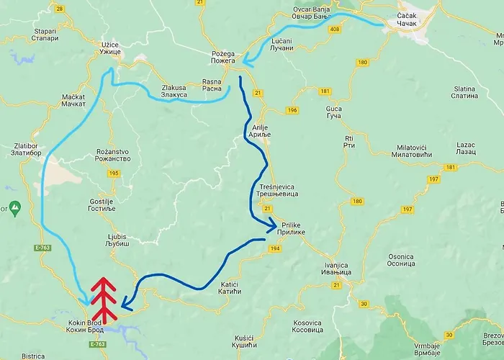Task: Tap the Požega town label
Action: coord(223,58)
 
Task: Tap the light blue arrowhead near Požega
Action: coord(246,62)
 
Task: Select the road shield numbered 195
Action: coord(113,174)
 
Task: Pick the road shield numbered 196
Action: coord(292,110)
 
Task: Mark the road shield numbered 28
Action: coord(59,9)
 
